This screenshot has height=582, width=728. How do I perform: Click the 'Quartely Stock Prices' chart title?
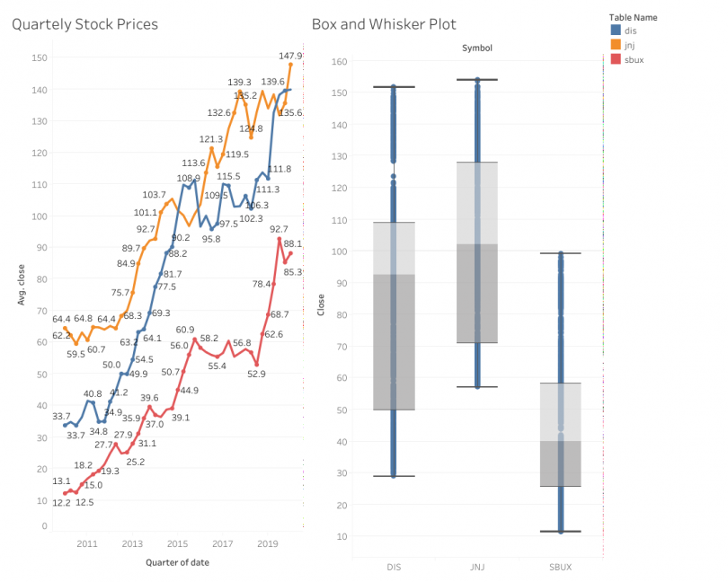coord(84,24)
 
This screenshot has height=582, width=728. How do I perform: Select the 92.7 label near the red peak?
coord(279,230)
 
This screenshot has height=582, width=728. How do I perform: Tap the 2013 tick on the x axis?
coord(132,544)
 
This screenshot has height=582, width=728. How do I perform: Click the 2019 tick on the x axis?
coord(267,544)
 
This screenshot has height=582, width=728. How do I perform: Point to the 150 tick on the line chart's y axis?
coord(39,57)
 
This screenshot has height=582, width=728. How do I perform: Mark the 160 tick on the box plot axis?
coord(340,61)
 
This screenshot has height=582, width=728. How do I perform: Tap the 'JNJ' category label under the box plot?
coord(476,566)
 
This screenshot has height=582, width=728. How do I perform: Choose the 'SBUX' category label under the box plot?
coord(560,566)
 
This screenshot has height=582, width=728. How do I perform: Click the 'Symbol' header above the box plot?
coord(476,47)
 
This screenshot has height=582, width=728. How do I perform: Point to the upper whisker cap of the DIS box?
coord(393,87)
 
